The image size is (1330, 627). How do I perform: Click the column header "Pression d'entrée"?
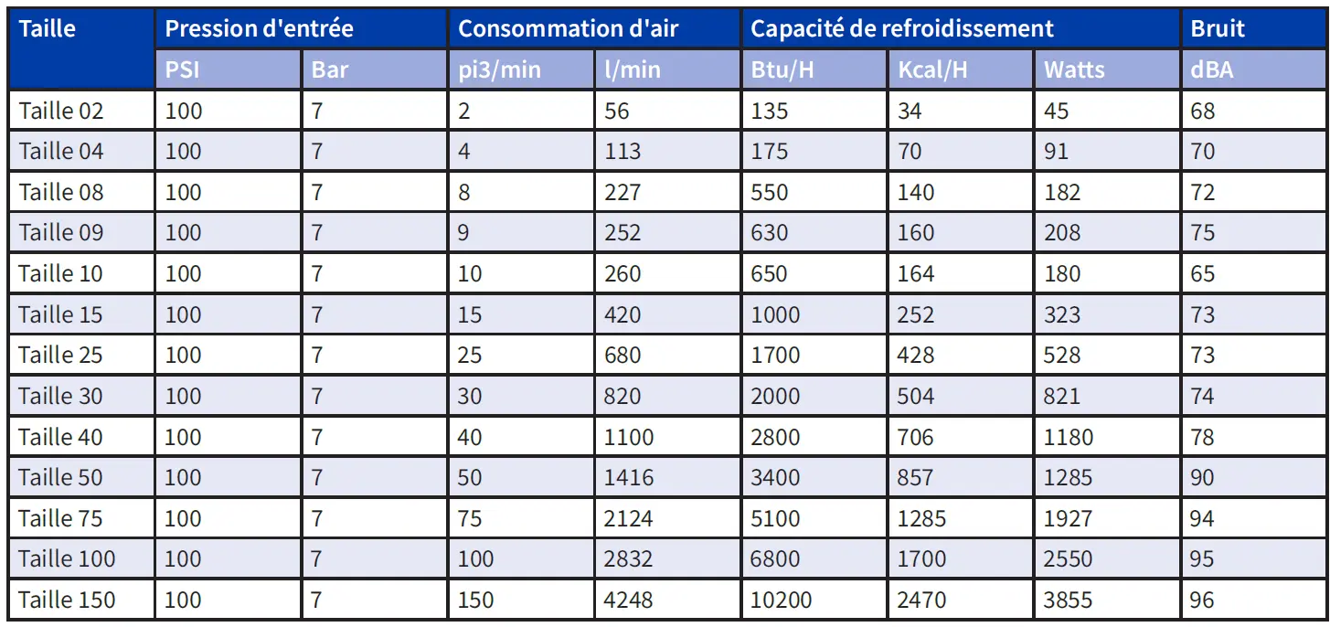coord(259,28)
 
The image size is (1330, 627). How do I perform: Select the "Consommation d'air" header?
coord(568,28)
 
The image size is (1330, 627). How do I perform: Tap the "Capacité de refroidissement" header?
coord(901,28)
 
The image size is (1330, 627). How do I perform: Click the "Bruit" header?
coord(1218,28)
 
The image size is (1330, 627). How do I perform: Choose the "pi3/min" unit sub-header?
coord(499,69)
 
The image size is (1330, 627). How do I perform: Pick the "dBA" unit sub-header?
coord(1211,69)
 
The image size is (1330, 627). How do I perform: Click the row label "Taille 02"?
coord(61,111)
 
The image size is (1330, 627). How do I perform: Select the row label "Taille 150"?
coord(67,600)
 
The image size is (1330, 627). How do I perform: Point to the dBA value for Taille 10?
coord(1202,273)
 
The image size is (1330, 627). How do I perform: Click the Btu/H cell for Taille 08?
coord(769,192)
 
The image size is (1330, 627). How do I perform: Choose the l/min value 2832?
coord(629,559)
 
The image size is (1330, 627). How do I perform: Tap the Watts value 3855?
coord(1068,600)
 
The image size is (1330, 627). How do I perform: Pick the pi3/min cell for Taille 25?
coord(470,355)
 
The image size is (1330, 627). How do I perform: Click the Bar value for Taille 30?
coord(317,396)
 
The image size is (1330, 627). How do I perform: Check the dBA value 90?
coord(1202,478)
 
